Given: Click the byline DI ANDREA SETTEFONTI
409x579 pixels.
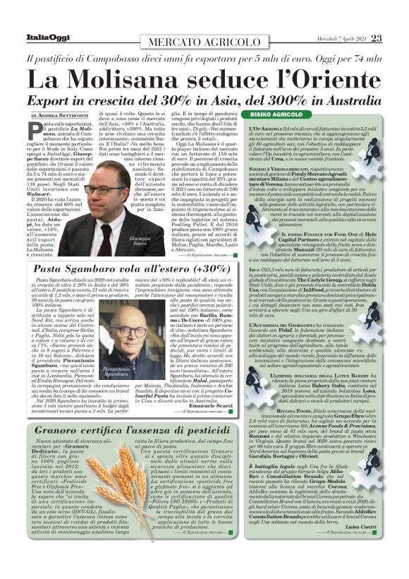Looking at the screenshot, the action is click(x=60, y=114).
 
